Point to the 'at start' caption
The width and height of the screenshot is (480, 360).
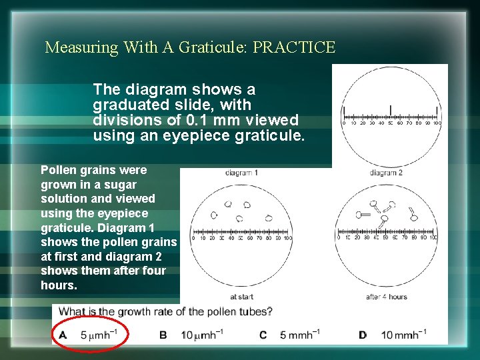pos(241,297)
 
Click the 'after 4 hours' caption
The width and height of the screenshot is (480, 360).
pos(387,297)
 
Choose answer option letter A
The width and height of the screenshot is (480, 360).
pos(63,334)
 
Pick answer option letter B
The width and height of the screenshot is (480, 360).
pos(163,334)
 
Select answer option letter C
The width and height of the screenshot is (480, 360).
pos(263,334)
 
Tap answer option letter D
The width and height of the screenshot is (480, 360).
pos(363,334)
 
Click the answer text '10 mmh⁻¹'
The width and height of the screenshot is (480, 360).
pos(404,334)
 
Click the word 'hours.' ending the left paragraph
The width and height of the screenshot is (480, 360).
pos(59,285)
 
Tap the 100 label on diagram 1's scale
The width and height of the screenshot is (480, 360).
pos(287,237)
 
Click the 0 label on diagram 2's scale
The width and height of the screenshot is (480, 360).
pos(339,237)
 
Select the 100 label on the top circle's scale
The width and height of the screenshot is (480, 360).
pos(437,123)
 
